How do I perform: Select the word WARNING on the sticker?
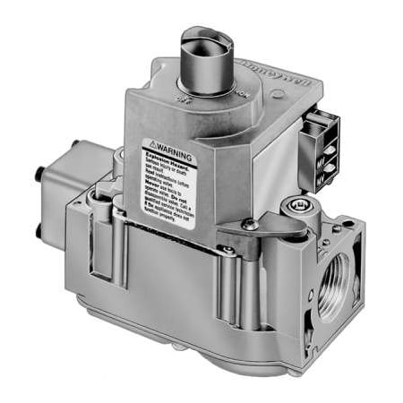point(171,143)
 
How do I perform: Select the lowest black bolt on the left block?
point(39,232)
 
